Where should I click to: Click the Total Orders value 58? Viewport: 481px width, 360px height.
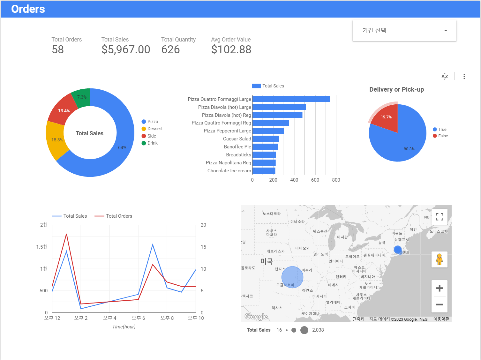click(x=58, y=49)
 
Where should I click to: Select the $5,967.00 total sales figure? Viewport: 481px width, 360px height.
click(x=126, y=49)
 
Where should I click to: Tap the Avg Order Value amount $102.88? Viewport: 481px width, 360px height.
click(x=231, y=49)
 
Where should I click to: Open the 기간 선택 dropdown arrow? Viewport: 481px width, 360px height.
click(x=446, y=31)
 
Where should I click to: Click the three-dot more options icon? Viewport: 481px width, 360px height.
click(x=464, y=76)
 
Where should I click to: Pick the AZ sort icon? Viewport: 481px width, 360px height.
click(x=445, y=76)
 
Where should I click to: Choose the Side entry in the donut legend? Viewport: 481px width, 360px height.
click(x=152, y=136)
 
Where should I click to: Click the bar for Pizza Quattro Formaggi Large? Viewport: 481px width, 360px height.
click(x=291, y=99)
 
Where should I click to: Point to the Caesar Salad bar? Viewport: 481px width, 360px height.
click(x=266, y=139)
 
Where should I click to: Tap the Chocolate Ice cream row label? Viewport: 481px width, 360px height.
click(x=229, y=171)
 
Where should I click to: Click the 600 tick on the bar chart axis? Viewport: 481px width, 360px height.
click(x=315, y=180)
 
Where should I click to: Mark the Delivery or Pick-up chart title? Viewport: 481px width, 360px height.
click(x=396, y=89)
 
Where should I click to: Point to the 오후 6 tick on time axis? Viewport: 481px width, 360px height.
click(x=138, y=318)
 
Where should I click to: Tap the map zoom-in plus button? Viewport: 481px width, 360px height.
click(x=439, y=288)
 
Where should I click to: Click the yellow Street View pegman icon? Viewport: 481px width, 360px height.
click(x=439, y=259)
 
